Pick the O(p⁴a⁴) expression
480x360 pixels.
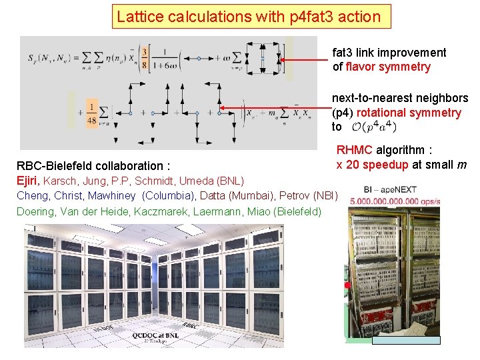[374, 127]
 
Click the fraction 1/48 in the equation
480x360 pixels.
[93, 113]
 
